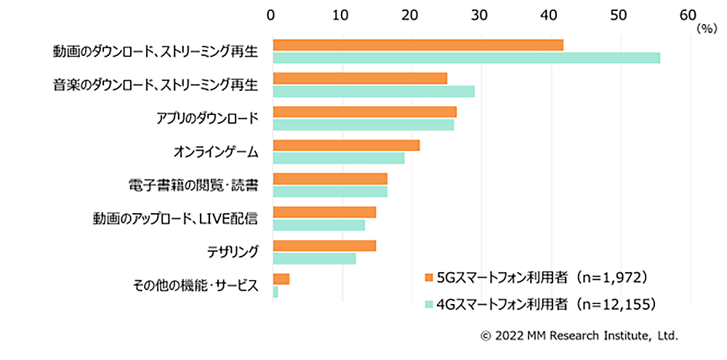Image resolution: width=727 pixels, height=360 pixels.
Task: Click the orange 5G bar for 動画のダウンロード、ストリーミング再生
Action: tap(417, 45)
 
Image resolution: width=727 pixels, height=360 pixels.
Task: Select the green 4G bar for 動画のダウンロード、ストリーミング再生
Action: tap(466, 58)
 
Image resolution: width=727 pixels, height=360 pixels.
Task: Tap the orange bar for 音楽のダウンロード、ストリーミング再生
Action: tap(360, 79)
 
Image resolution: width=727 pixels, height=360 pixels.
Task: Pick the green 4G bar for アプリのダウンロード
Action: tap(363, 125)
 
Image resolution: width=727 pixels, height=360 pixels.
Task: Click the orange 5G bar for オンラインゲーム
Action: tap(346, 145)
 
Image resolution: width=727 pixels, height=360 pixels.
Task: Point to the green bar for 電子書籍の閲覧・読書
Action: tap(330, 192)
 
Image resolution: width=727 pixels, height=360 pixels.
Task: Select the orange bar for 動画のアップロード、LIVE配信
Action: tap(324, 212)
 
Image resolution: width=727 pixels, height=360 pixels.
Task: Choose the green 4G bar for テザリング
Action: tap(314, 259)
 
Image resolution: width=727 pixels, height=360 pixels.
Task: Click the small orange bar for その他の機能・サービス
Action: tap(281, 279)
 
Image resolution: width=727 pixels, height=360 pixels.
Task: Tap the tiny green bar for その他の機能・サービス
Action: tap(276, 292)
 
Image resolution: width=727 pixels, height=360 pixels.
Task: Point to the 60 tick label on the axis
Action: tap(687, 14)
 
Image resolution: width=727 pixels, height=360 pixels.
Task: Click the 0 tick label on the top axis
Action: tap(271, 14)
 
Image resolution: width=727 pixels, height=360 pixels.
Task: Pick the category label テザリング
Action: tap(233, 252)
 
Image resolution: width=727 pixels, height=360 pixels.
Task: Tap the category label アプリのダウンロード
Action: tap(206, 119)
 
